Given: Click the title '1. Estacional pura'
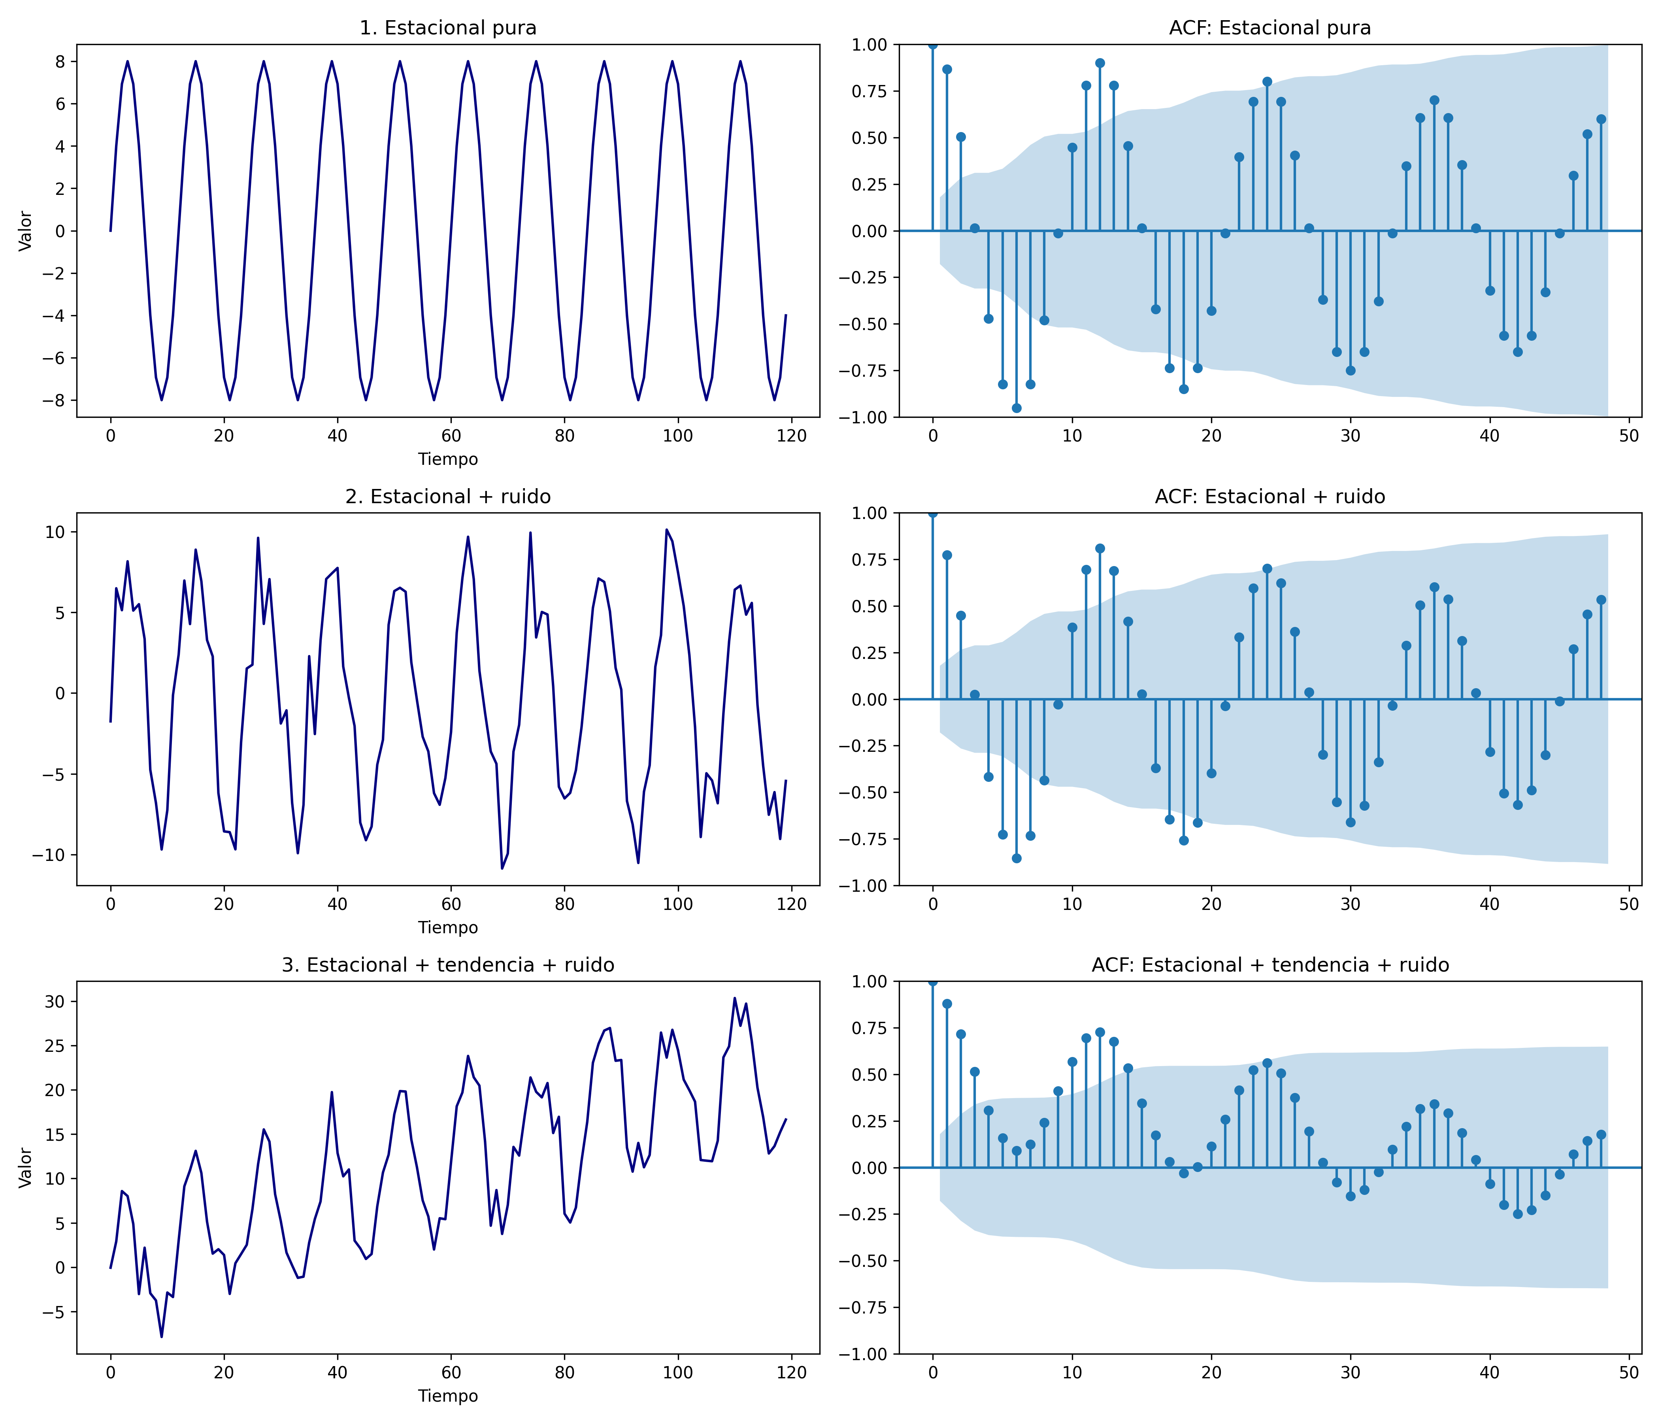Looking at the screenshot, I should click(448, 28).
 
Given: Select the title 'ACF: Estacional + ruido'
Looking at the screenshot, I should click(1270, 497).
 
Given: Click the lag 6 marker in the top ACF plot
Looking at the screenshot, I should click(1016, 408).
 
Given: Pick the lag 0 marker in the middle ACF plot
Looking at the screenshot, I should click(932, 513).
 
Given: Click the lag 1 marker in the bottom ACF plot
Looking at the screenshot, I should click(947, 1004).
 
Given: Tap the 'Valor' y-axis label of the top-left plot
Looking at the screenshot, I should click(26, 231).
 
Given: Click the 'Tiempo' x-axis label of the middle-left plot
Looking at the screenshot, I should click(448, 928).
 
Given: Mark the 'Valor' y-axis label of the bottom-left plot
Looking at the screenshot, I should click(26, 1167).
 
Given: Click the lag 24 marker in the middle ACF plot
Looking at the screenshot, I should click(1267, 569).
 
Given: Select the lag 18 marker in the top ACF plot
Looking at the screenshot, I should click(1183, 389).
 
